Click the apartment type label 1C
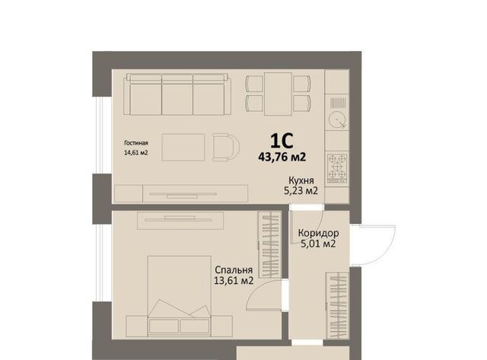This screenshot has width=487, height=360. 282,141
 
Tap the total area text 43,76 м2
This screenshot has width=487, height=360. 282,157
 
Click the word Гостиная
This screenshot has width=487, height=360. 136,143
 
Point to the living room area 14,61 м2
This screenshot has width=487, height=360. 135,153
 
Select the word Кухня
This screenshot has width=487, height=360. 301,180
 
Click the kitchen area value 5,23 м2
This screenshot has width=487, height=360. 301,191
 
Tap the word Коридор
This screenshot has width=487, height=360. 318,233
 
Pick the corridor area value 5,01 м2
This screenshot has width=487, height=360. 318,244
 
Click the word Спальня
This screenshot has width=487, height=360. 234,270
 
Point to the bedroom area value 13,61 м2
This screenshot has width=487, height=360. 234,281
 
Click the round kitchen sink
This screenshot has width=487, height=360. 338,119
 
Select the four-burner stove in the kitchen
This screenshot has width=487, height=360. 337,168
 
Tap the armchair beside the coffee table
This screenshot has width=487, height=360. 226,147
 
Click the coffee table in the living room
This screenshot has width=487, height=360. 183,147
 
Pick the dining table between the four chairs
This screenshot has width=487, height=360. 278,94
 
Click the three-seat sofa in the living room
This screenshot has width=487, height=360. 177,94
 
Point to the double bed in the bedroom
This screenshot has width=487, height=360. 180,296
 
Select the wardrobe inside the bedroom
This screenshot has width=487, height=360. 270,244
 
